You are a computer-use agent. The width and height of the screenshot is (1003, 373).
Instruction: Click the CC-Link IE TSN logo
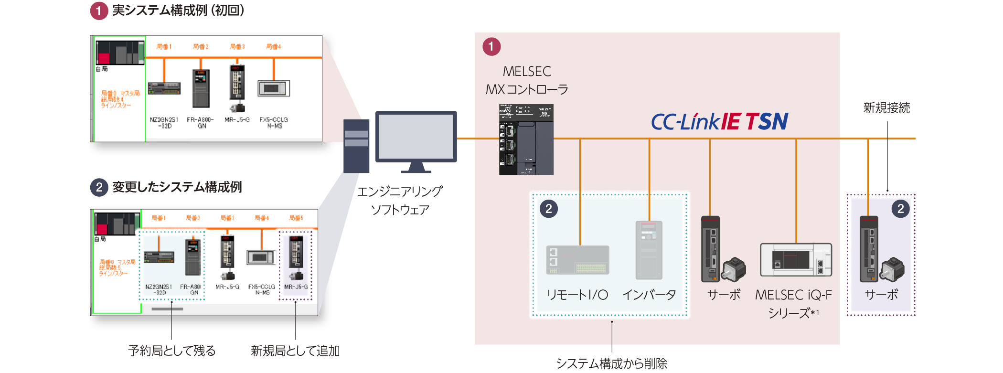pos(719,121)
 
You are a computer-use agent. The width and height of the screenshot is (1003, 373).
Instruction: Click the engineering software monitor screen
pos(416,138)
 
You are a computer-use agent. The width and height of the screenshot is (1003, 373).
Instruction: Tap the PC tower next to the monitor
pos(356,146)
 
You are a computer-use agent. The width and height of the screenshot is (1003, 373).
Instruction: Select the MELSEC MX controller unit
pos(526,139)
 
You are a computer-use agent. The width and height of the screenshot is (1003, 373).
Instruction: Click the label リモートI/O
pos(577,295)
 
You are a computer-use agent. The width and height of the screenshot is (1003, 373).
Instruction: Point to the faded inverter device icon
pos(649,250)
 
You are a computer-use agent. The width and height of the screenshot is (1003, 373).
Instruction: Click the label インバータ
pos(649,295)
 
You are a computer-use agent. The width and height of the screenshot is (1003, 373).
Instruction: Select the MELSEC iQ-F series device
pos(796,260)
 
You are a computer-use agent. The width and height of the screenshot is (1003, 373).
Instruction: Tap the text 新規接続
pos(886,108)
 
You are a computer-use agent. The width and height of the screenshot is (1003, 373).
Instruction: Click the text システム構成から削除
pos(611,363)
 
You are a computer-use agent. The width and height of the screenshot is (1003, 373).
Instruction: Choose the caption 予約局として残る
pos(172,351)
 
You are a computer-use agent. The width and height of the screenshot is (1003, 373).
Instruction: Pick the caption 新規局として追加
pos(295,351)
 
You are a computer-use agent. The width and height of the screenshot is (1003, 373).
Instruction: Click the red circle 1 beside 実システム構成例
pos(99,11)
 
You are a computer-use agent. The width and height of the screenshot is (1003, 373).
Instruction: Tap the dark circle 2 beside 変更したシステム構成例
pos(99,187)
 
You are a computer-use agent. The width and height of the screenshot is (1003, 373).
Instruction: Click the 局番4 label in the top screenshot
pos(274,47)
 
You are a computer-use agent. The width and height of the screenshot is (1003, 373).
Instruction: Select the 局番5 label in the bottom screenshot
pos(296,218)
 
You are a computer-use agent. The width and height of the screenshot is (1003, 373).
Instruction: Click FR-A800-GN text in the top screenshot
pos(200,123)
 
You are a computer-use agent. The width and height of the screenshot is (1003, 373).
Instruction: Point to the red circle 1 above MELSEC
pos(491,47)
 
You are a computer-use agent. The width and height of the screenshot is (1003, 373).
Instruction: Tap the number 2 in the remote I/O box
pos(549,209)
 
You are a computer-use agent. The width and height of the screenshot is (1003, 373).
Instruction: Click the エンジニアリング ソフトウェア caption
pos(400,201)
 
